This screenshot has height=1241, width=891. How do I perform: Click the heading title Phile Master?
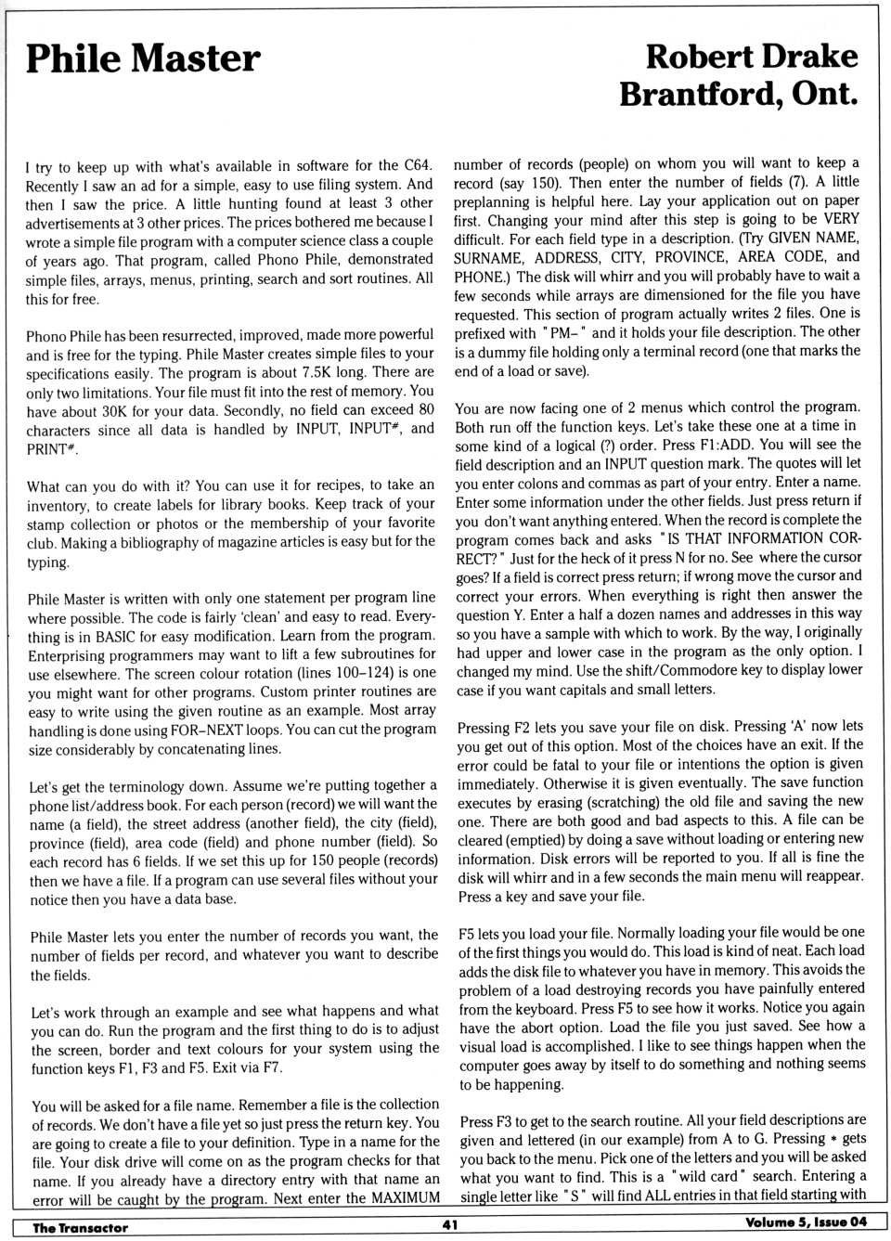(143, 59)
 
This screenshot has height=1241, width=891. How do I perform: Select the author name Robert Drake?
(751, 57)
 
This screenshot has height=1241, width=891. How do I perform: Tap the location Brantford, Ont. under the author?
(738, 94)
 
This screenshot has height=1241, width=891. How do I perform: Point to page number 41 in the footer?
(450, 1225)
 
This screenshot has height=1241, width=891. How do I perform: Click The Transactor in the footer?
(80, 1227)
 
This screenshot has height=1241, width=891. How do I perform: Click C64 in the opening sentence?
(418, 165)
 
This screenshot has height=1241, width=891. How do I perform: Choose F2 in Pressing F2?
(523, 727)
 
